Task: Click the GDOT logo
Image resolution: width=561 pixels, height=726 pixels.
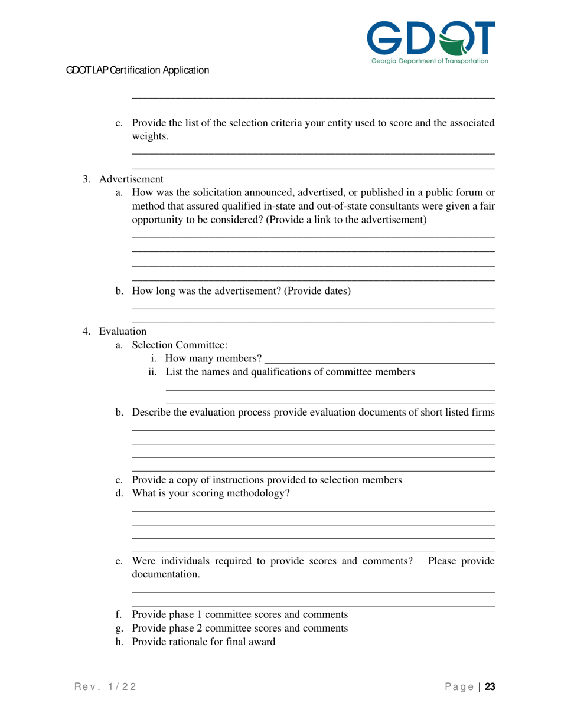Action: tap(430, 41)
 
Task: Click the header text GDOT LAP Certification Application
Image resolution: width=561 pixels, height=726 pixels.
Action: tap(138, 70)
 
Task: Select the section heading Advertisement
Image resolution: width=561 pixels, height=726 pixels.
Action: tap(131, 179)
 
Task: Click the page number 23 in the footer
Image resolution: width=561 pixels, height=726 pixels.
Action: tap(490, 686)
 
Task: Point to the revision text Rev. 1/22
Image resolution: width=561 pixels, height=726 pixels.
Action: tap(106, 686)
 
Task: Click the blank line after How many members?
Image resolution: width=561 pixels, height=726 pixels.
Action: tap(380, 359)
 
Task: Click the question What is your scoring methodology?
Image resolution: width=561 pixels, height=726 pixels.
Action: tap(211, 493)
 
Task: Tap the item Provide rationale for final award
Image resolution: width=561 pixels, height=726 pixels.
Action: tap(203, 642)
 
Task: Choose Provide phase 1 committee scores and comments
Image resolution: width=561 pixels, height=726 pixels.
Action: tap(239, 614)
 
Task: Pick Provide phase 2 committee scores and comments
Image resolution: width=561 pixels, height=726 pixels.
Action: tap(239, 628)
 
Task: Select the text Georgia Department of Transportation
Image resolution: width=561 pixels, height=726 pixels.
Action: tap(430, 61)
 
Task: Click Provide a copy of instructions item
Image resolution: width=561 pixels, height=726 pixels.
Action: tap(267, 480)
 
